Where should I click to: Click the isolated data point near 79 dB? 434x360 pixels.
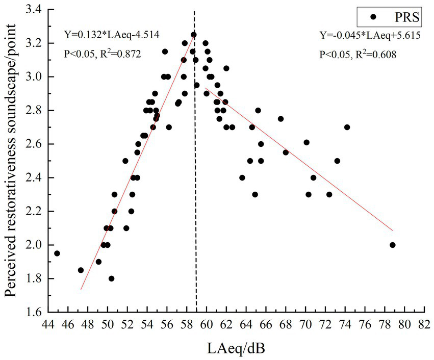tap(392, 245)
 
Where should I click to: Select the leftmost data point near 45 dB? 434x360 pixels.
tap(57, 253)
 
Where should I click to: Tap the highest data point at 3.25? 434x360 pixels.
tap(194, 35)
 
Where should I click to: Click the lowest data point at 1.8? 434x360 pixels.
tap(111, 278)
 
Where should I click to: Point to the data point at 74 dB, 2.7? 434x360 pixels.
tap(347, 127)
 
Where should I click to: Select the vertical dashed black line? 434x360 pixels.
tap(196, 204)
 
